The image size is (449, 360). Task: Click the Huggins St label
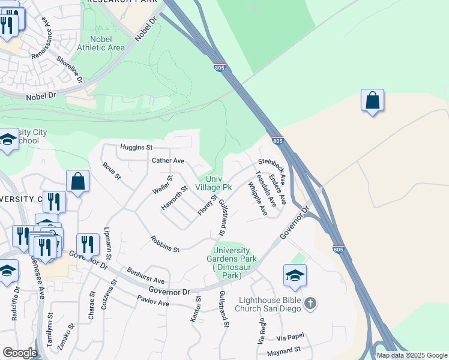[x=136, y=146]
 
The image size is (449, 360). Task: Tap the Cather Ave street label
[x=167, y=161]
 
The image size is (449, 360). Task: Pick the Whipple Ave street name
[x=258, y=199]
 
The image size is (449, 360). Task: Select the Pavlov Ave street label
[x=153, y=301]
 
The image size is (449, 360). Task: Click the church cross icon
[x=310, y=304]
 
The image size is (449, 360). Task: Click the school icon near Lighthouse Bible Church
[x=295, y=276]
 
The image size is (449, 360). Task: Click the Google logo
[x=20, y=353]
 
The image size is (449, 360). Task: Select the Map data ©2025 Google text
[x=411, y=355]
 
